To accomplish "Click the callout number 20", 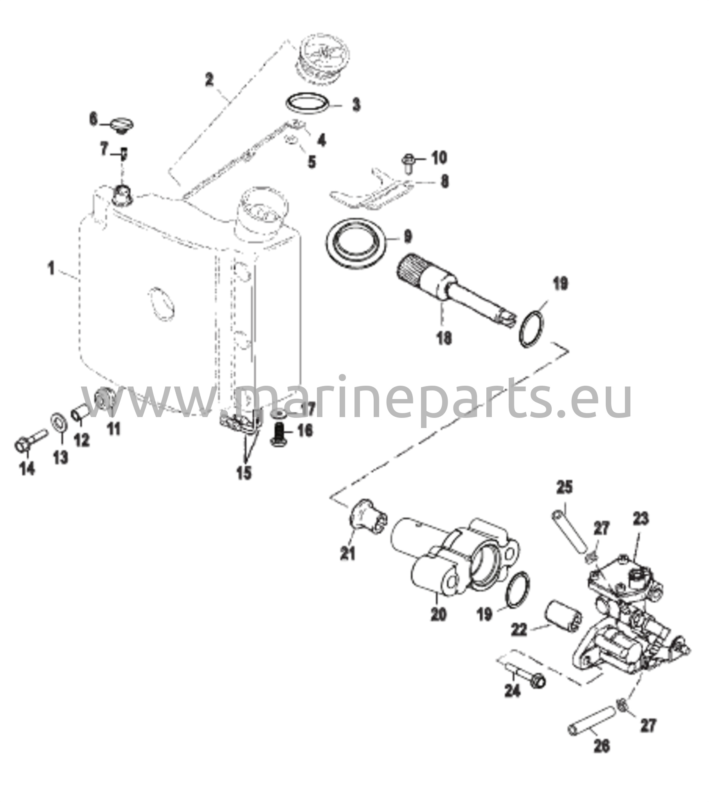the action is coord(439,613).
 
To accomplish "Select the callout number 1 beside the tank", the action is coord(51,269).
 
